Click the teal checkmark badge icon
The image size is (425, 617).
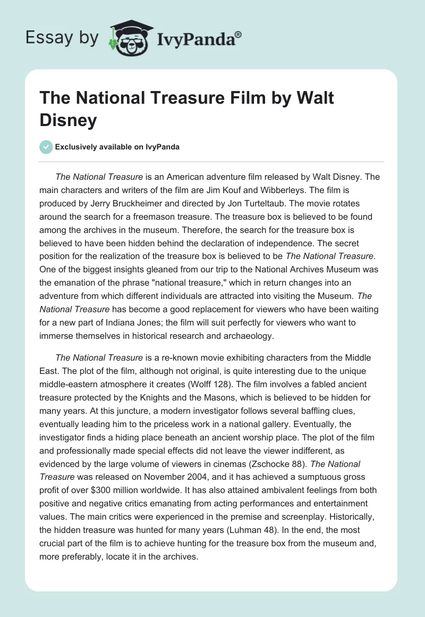tap(47, 147)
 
